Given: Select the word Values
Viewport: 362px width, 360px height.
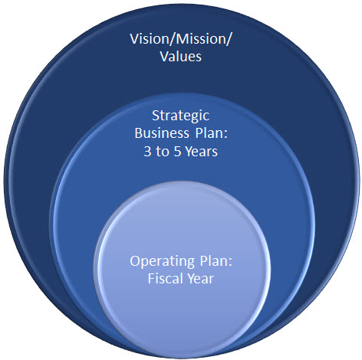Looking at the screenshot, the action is [181, 57].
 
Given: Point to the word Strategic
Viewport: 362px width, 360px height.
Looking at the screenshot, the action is [181, 116].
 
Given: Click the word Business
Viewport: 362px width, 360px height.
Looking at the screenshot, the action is [162, 133].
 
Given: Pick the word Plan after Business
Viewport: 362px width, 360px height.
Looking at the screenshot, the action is [209, 133].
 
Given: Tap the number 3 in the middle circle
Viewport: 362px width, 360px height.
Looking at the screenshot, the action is [147, 152].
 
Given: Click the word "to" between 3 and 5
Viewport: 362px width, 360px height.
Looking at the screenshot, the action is [163, 152].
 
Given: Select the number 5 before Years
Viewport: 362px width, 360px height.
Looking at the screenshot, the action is [177, 152].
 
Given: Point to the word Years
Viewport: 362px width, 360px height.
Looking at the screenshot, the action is [202, 152].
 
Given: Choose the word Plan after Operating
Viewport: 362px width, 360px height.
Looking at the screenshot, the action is [214, 261].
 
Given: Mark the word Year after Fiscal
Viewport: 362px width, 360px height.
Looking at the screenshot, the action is [200, 278].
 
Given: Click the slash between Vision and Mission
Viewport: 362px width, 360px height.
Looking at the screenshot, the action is [169, 39].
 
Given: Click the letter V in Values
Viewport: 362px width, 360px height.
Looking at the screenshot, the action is [164, 57].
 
